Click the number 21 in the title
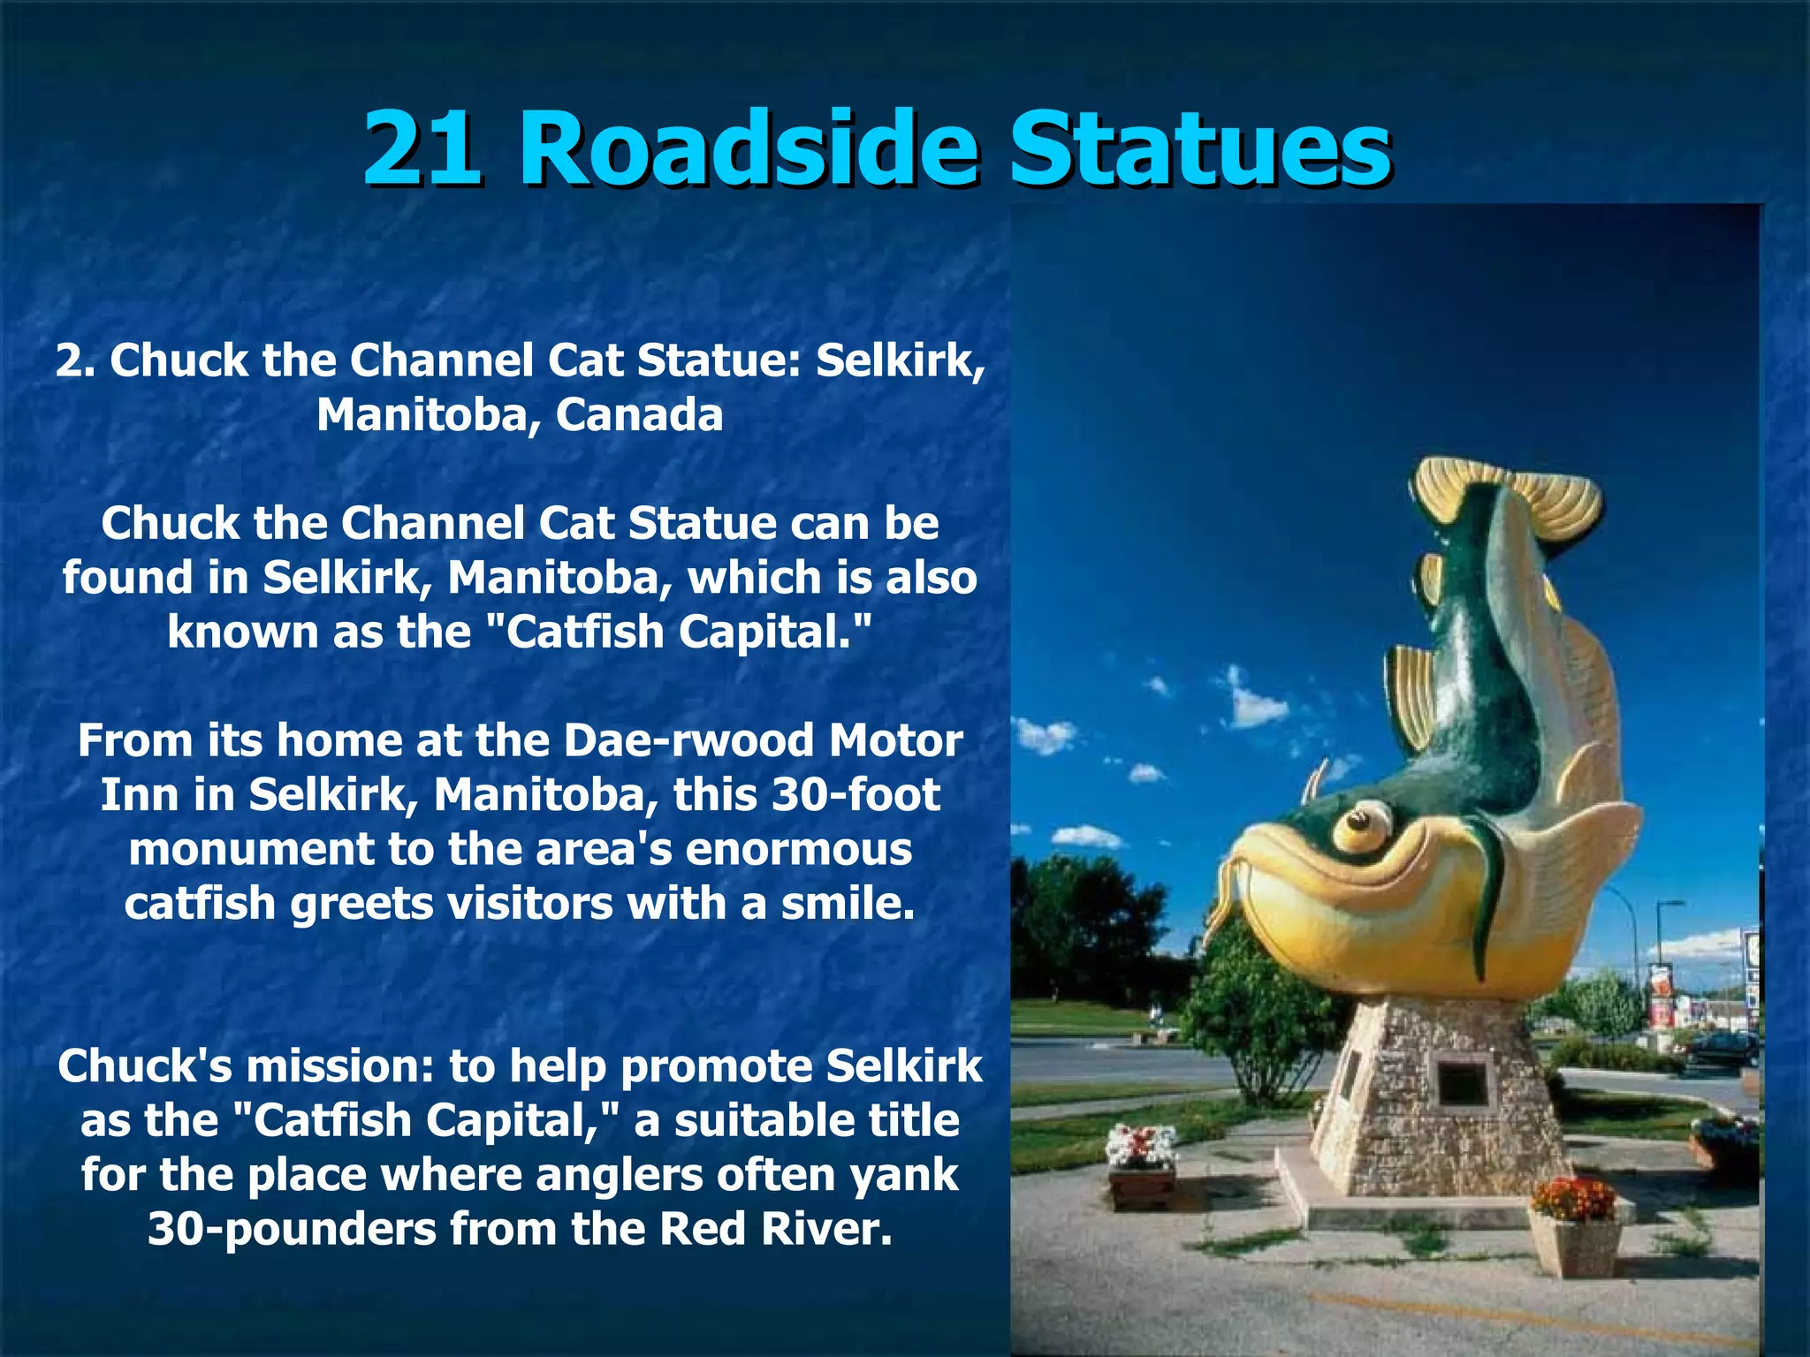click(422, 148)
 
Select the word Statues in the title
click(1200, 148)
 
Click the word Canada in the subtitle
click(639, 414)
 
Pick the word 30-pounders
click(292, 1229)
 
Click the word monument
click(251, 849)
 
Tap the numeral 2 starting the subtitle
click(71, 360)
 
